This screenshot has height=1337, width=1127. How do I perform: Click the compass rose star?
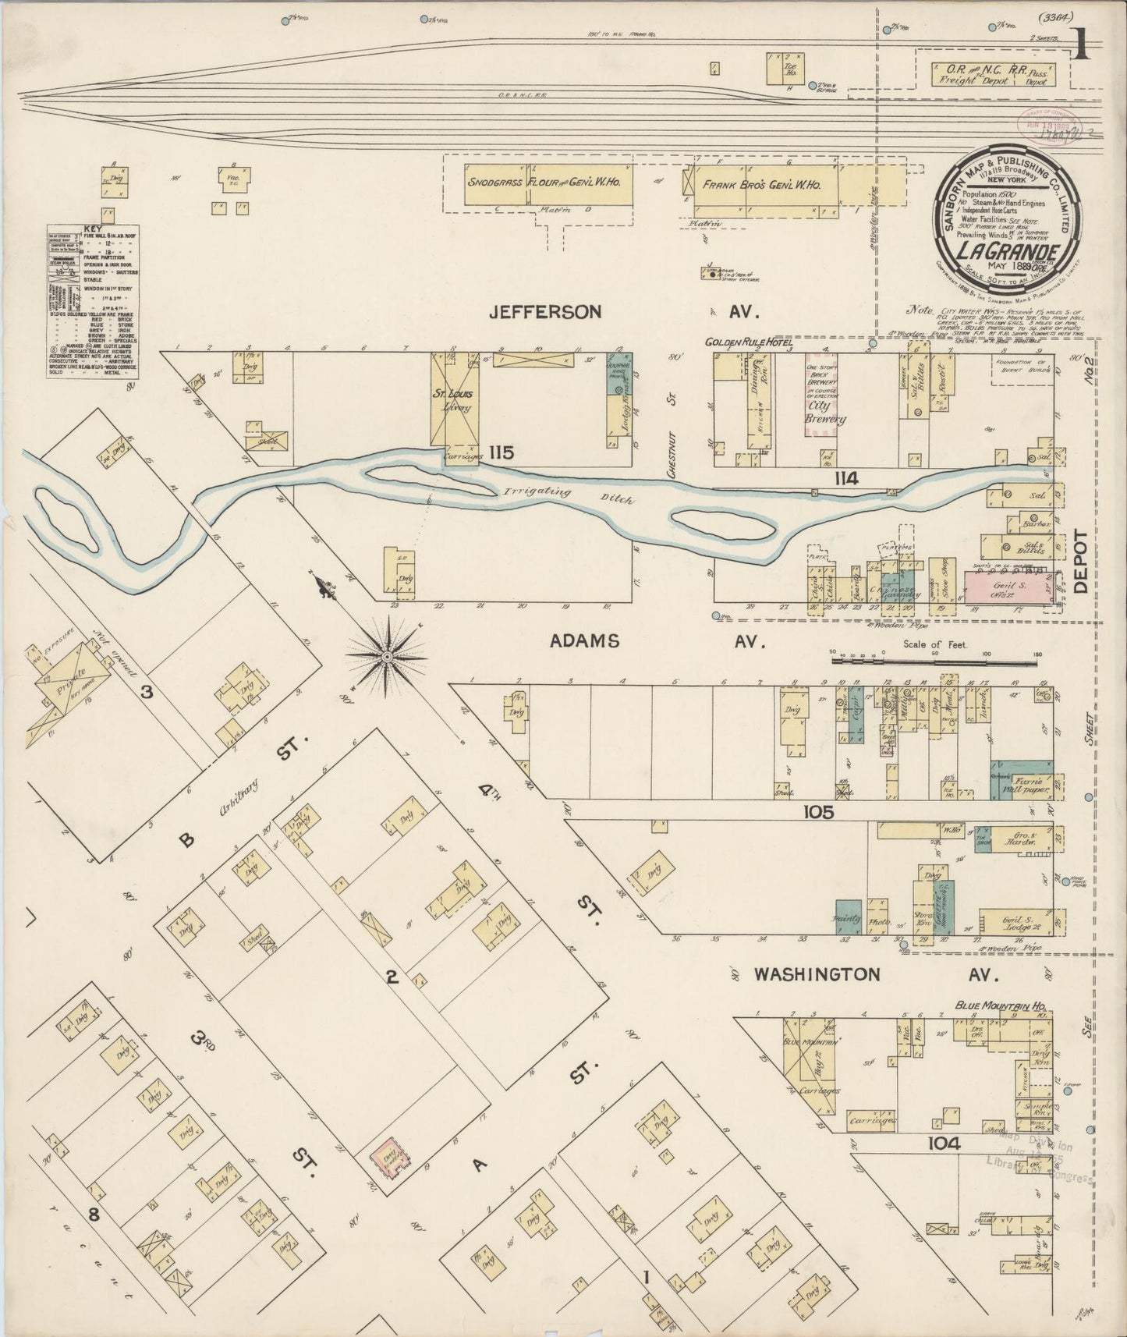point(386,658)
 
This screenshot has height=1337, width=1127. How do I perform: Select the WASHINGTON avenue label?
point(817,974)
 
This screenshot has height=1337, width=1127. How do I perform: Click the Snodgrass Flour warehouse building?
point(538,184)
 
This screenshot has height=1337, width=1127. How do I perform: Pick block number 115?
point(502,452)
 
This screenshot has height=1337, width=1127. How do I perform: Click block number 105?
point(817,812)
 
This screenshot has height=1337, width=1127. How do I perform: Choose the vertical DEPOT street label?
point(1081,562)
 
